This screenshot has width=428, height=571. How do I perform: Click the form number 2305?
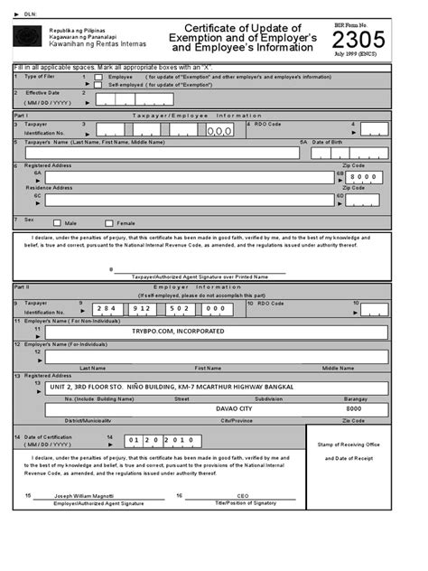[358, 41]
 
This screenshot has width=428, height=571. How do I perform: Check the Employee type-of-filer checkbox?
[98, 78]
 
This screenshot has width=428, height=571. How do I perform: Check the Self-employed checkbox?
[98, 85]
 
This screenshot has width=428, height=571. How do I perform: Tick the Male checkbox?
[57, 222]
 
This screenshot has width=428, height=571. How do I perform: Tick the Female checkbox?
[109, 222]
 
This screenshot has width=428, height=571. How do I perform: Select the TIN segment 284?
[109, 308]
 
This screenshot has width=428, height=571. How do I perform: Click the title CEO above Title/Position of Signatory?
[242, 496]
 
